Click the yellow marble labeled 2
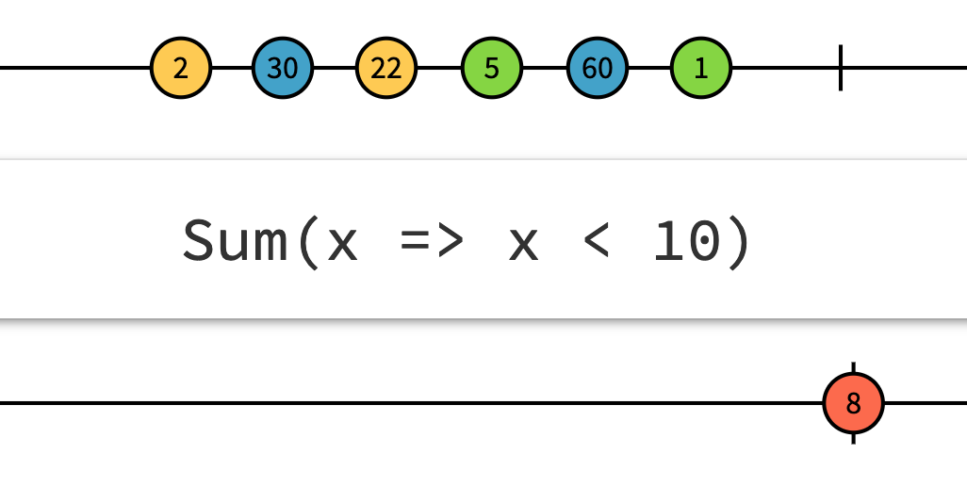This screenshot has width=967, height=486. click(x=181, y=68)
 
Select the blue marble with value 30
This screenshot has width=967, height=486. click(x=282, y=68)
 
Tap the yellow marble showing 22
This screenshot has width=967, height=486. click(x=386, y=68)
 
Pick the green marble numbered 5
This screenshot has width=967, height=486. click(x=492, y=68)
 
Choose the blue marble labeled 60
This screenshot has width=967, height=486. click(x=598, y=68)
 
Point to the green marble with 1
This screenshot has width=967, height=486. click(x=701, y=68)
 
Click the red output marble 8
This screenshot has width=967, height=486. click(x=853, y=403)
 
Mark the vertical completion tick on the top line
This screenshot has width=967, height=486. click(x=840, y=68)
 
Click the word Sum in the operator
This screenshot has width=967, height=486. click(x=234, y=240)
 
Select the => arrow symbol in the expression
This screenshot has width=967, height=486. click(x=432, y=242)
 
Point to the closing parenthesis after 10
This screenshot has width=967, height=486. click(x=738, y=241)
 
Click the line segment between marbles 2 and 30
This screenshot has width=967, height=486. click(x=232, y=68)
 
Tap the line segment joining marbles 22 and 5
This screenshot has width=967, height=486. click(x=439, y=68)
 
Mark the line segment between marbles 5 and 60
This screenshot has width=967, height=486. click(x=545, y=68)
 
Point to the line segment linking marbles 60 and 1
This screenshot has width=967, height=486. click(x=649, y=68)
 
